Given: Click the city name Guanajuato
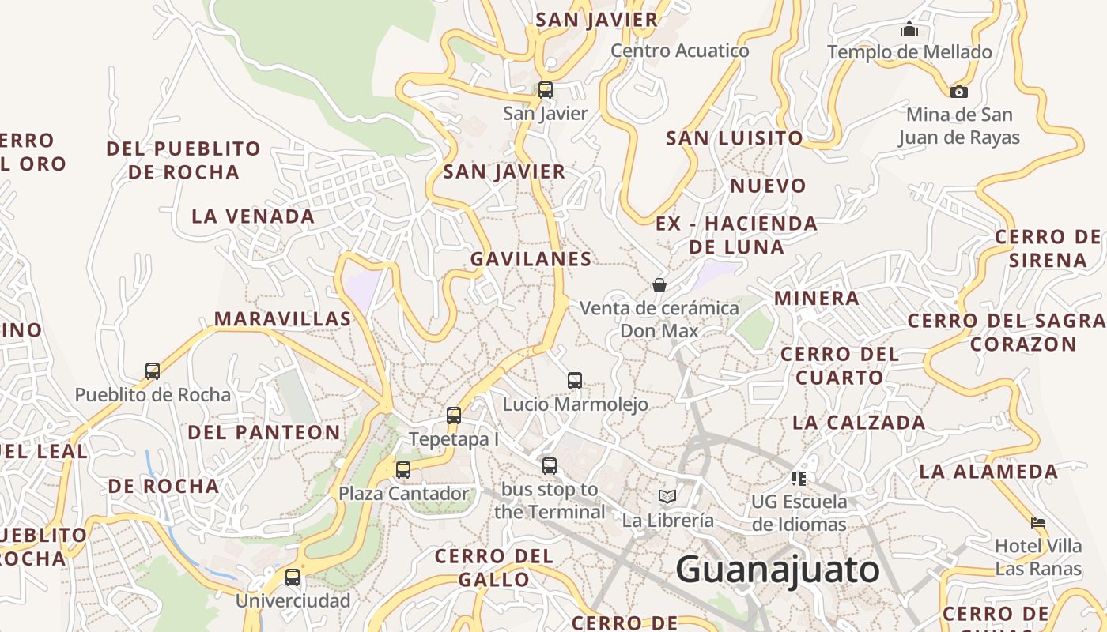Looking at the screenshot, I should (x=777, y=570).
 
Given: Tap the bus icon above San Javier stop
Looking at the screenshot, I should (x=546, y=89).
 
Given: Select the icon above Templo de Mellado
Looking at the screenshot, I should (x=909, y=29).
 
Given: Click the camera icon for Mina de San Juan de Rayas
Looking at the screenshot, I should (x=959, y=92).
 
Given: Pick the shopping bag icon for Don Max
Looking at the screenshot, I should (x=659, y=284).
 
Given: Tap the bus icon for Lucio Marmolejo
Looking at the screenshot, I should (x=575, y=381).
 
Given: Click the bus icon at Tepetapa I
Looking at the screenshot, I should (x=453, y=416).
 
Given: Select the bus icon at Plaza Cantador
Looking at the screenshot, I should (x=403, y=470).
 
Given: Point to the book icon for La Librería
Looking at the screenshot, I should (x=667, y=496).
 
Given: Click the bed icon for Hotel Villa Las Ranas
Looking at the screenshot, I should (x=1038, y=522).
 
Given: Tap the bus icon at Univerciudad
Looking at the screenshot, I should (x=293, y=577).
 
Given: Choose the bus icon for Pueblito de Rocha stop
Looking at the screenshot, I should (x=153, y=371).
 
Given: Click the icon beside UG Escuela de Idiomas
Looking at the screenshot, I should (x=799, y=478).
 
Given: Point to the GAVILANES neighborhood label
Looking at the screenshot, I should (x=531, y=259).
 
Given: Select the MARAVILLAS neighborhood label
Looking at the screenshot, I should (x=282, y=319).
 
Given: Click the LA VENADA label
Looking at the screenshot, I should (x=253, y=216).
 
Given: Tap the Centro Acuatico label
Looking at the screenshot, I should (x=679, y=51).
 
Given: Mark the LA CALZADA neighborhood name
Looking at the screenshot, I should (x=859, y=423).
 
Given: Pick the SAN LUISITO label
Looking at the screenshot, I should (x=734, y=138).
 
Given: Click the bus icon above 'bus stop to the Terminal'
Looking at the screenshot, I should (x=550, y=466).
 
